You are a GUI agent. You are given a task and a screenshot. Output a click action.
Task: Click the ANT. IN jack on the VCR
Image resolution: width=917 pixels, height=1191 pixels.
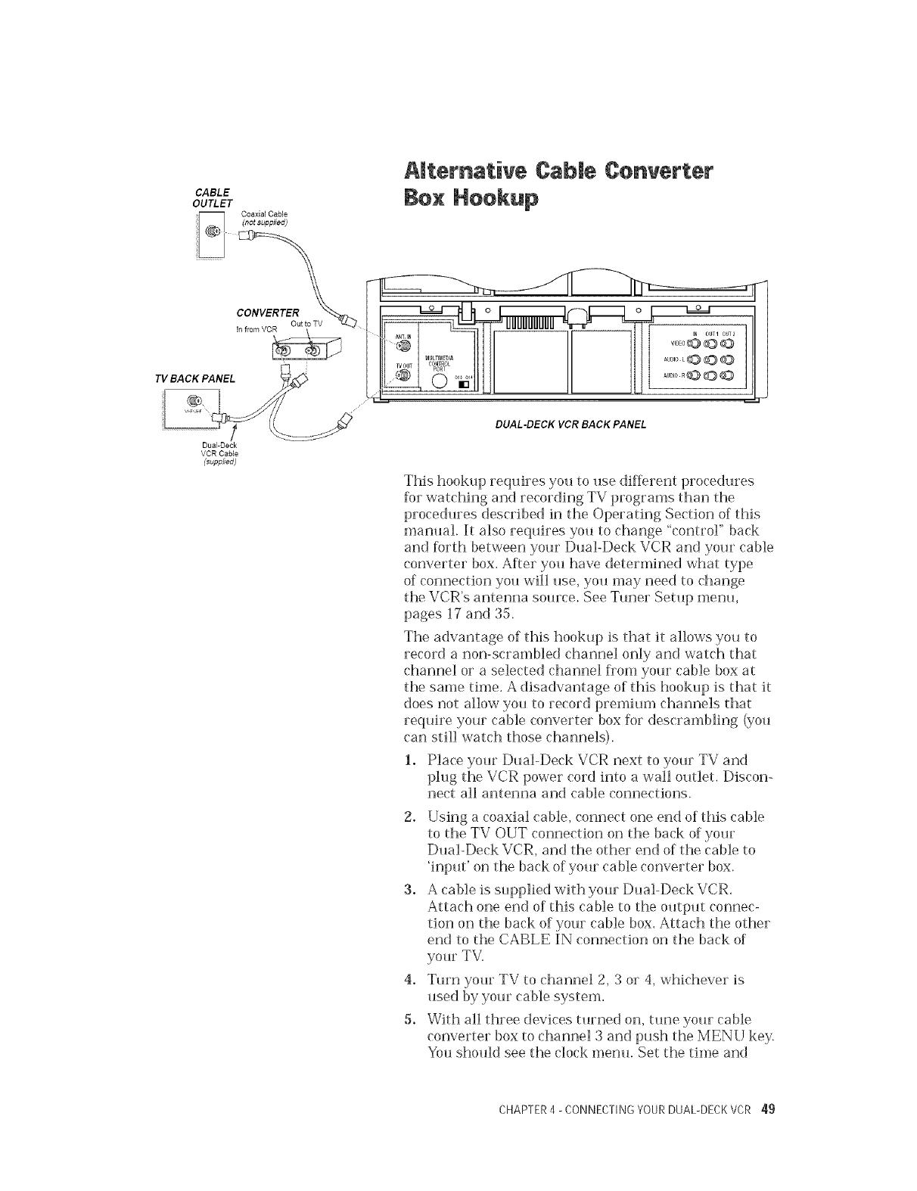tap(403, 346)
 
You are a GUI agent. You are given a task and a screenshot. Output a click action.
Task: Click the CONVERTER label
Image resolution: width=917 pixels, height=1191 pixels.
tap(269, 313)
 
